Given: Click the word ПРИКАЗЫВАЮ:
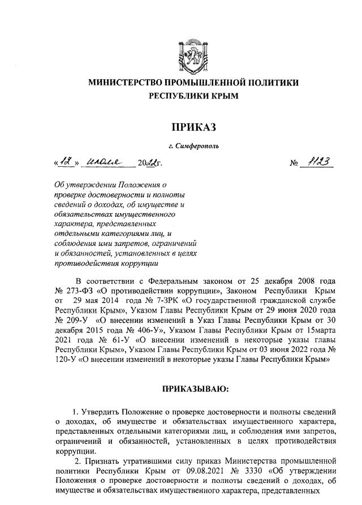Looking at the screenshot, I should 193,390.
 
